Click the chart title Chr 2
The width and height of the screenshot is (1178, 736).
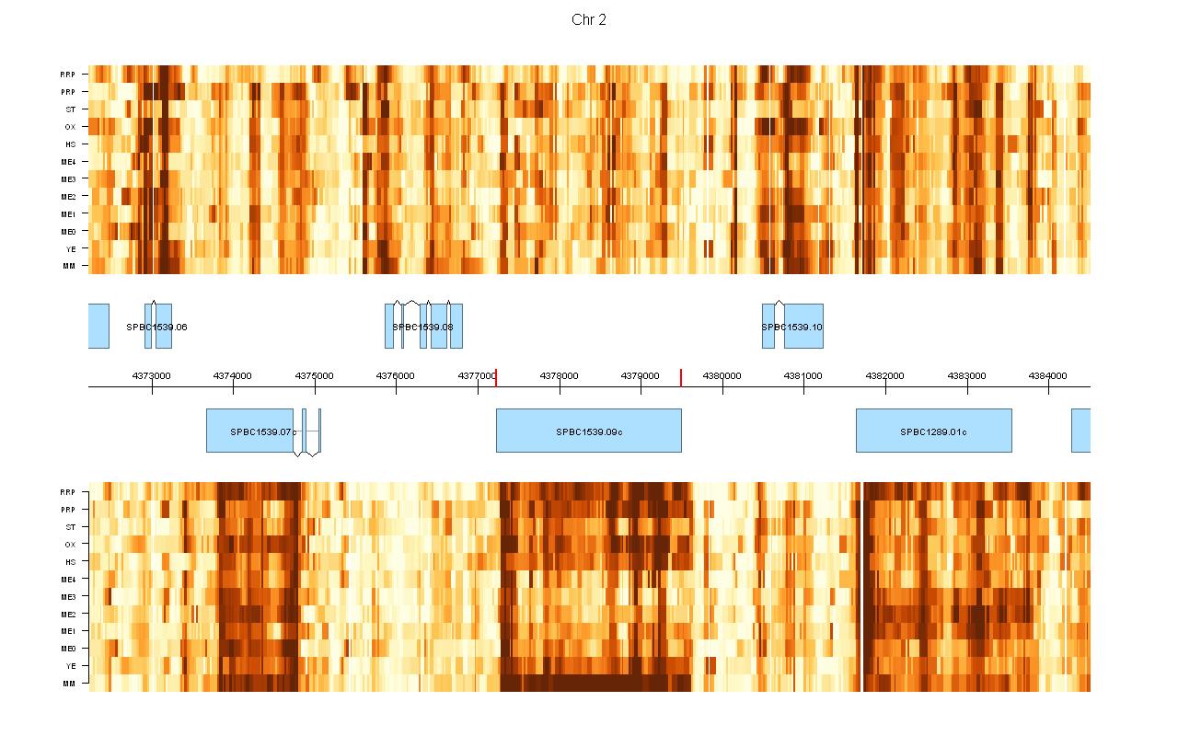589,20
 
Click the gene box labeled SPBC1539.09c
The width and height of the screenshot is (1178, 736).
589,431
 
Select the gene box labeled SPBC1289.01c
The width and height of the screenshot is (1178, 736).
933,431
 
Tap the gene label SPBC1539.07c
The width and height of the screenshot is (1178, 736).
263,431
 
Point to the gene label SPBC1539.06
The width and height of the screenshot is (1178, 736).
156,327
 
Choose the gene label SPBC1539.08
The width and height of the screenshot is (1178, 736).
422,327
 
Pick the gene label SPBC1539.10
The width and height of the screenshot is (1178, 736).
791,327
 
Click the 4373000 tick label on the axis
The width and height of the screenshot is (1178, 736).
152,375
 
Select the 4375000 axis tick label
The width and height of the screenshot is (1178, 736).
315,375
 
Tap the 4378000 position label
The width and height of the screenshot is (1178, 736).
560,375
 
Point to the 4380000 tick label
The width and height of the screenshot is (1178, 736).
722,375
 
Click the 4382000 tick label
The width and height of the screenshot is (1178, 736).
885,375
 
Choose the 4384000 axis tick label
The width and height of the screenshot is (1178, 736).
1048,375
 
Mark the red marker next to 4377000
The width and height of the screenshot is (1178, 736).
496,377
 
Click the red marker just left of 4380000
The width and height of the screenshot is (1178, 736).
681,377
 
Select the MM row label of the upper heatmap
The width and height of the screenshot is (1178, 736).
69,267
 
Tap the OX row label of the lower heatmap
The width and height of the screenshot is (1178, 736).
69,545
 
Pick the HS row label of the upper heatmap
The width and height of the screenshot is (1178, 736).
70,144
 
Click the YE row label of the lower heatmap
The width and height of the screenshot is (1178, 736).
70,666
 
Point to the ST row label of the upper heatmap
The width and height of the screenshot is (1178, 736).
70,109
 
